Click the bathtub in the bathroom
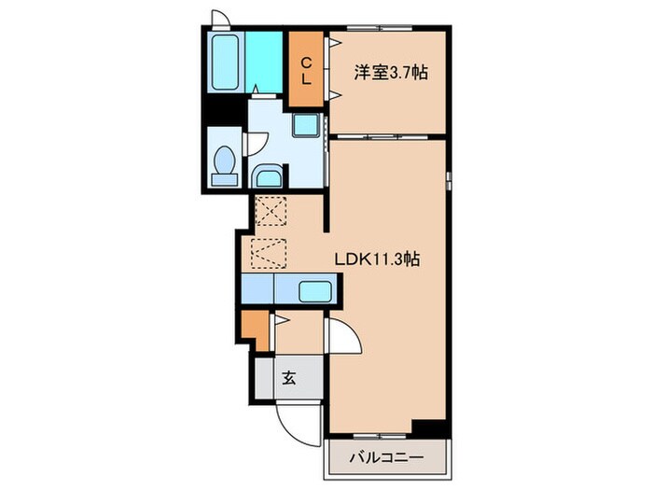(227, 63)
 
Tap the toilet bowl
(224, 165)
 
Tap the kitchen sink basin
(314, 291)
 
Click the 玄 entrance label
(289, 379)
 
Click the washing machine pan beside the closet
(305, 125)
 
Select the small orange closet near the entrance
(254, 325)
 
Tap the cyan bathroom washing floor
(265, 61)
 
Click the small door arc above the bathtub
(219, 19)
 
